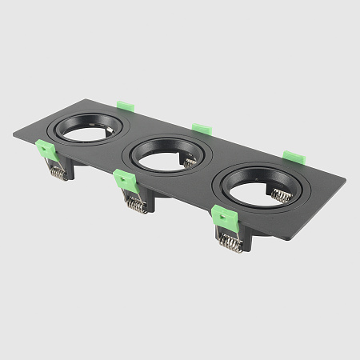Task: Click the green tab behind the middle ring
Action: [201, 128]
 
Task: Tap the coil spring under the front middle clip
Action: [135, 205]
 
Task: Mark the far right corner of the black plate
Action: [346, 178]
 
